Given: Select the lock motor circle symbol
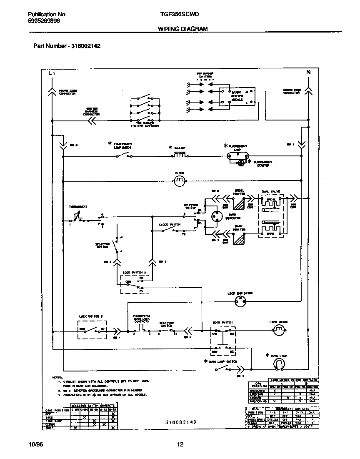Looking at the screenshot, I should click(277, 331).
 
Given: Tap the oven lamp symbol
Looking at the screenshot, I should click(278, 364).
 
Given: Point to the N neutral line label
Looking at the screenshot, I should click(309, 72).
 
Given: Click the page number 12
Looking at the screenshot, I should click(180, 444).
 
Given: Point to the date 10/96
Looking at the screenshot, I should click(36, 444).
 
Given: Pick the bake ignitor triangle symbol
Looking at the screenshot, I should click(239, 240).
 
